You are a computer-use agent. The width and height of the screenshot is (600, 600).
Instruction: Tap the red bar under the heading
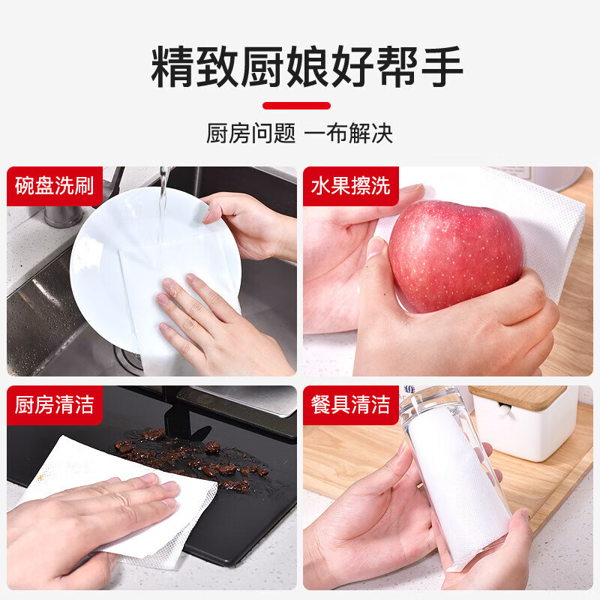pos(296,106)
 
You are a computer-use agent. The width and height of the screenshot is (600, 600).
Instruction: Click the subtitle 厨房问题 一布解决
pos(299,134)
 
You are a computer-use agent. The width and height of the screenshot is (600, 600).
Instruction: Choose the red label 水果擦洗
pos(351,185)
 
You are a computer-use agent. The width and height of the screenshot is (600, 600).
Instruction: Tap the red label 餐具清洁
pos(351,405)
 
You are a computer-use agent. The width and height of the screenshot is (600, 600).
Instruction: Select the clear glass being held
pos(450,480)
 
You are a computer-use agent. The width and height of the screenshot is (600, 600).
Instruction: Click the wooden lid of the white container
pos(517,396)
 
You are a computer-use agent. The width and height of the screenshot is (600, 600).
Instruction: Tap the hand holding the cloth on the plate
pos(210,322)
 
